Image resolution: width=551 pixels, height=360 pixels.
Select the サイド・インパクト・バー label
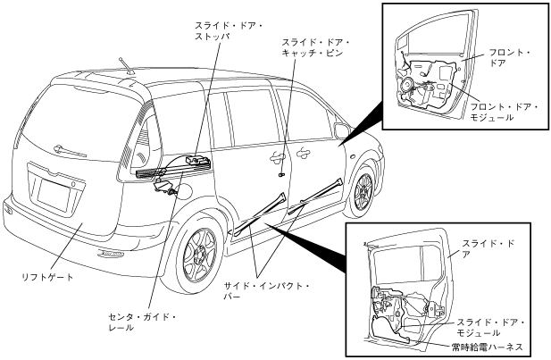[265, 291]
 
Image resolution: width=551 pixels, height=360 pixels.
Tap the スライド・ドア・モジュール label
[490, 327]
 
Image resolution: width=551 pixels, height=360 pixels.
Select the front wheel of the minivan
[362, 190]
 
